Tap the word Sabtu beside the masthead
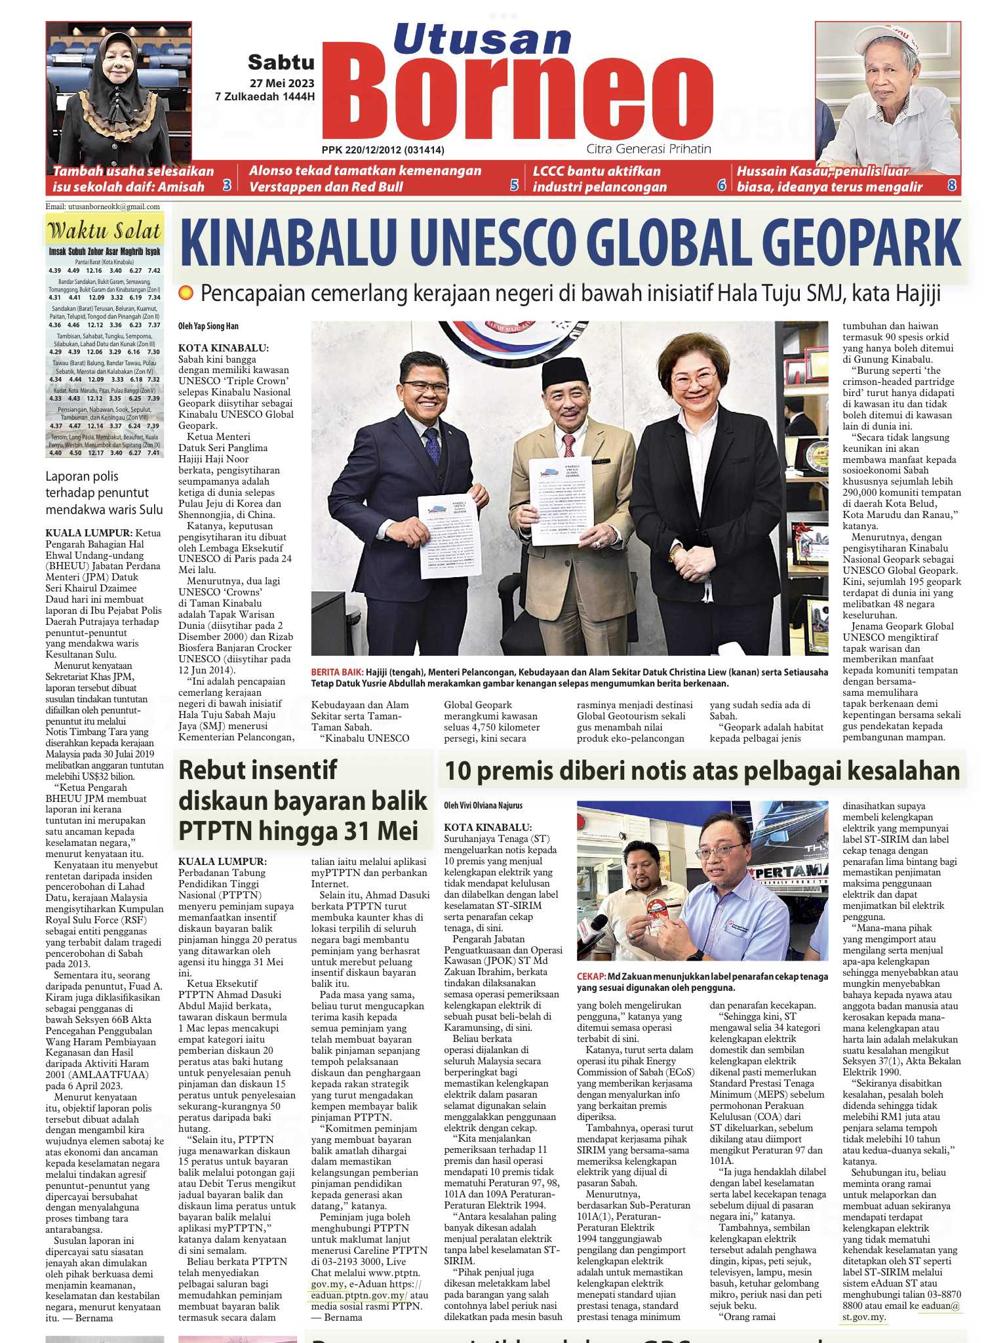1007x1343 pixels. point(281,62)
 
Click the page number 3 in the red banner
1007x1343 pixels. point(227,186)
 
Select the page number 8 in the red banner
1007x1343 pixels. point(951,186)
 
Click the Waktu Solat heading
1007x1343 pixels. point(104,231)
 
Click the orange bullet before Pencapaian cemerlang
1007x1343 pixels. point(186,293)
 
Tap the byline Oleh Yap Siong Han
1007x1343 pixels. point(208,326)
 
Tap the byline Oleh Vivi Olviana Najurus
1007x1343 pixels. point(484,805)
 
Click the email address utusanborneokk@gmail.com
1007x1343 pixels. point(103,207)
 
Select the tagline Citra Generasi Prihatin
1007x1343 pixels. point(648,149)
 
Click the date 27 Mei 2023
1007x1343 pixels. point(281,83)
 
